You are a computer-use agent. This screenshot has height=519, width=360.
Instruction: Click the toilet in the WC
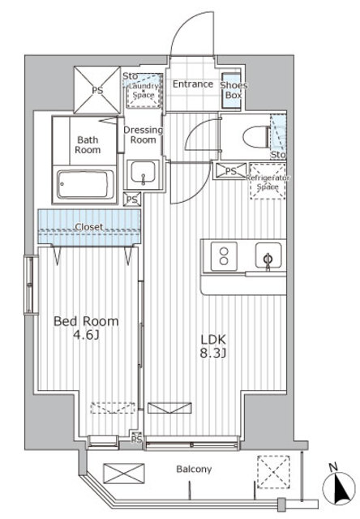pyautogui.click(x=257, y=137)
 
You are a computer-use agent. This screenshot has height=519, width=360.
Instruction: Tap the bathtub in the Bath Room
pyautogui.click(x=85, y=184)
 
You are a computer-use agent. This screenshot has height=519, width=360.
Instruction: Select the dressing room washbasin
pyautogui.click(x=143, y=172)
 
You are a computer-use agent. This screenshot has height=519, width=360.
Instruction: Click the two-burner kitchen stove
pyautogui.click(x=224, y=256)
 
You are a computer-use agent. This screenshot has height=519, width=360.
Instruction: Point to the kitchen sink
pyautogui.click(x=268, y=255)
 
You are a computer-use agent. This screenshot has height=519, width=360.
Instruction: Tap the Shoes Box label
pyautogui.click(x=234, y=90)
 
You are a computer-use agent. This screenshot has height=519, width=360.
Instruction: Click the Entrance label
pyautogui.click(x=193, y=84)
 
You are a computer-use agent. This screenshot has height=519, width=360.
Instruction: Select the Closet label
pyautogui.click(x=89, y=227)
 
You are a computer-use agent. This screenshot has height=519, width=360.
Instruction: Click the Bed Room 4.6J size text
pyautogui.click(x=86, y=328)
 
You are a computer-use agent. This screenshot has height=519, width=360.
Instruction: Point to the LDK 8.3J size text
pyautogui.click(x=213, y=346)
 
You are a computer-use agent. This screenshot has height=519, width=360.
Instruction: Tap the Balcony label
pyautogui.click(x=194, y=470)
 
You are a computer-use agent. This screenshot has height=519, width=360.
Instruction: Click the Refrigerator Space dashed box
pyautogui.click(x=268, y=181)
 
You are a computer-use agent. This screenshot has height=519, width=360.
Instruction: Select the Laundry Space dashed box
pyautogui.click(x=144, y=90)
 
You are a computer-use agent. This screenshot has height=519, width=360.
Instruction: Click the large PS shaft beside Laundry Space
pyautogui.click(x=97, y=90)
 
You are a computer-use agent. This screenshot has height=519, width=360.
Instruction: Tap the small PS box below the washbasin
pyautogui.click(x=132, y=199)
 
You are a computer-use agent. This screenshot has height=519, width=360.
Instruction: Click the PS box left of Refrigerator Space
pyautogui.click(x=231, y=171)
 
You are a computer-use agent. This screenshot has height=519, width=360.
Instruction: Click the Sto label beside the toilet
pyautogui.click(x=278, y=155)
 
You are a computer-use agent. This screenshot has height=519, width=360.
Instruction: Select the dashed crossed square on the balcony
pyautogui.click(x=273, y=472)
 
